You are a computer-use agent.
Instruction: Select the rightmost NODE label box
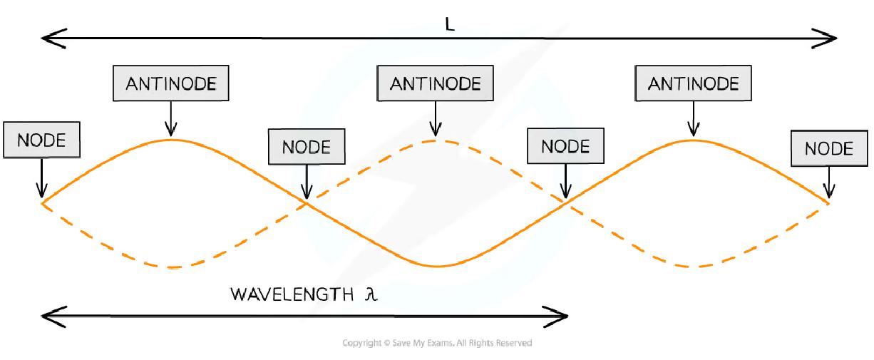[x=828, y=149]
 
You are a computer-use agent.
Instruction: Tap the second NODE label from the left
[x=307, y=148]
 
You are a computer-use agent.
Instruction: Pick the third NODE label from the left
[x=565, y=146]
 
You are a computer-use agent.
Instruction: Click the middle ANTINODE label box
[x=435, y=83]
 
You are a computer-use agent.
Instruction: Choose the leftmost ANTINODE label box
[x=170, y=83]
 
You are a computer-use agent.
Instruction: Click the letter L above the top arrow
[x=449, y=24]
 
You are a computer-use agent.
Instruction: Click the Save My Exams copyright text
[x=437, y=343]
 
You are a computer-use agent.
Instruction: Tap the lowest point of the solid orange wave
[x=436, y=267]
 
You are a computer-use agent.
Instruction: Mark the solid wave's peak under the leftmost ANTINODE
[x=170, y=140]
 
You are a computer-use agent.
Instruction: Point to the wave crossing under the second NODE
[x=307, y=203]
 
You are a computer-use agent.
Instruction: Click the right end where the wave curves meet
[x=829, y=203]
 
